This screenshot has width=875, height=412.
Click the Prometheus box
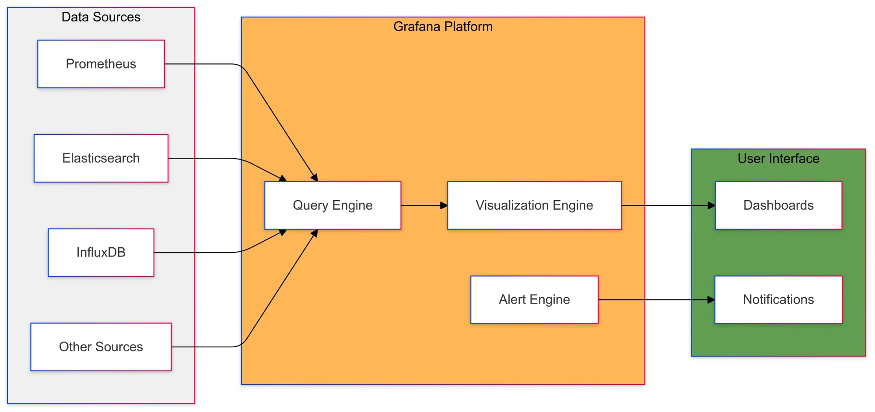point(101,64)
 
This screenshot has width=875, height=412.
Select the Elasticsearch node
point(101,158)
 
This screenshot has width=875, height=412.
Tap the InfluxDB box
point(101,253)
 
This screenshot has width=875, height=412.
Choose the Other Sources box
point(101,347)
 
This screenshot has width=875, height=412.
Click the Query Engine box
point(332,205)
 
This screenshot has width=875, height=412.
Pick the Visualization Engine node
point(534,205)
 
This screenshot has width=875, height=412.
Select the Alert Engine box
point(534,300)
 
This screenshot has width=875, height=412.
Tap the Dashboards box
point(778,205)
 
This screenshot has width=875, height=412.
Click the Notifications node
point(778,300)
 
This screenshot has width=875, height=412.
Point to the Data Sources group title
point(101,17)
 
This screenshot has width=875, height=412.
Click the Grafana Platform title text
point(443,27)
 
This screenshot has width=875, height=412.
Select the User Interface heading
point(778,159)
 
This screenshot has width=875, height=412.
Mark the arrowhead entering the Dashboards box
point(711,205)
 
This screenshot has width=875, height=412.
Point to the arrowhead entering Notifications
point(711,300)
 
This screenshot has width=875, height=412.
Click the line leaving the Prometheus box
point(201,64)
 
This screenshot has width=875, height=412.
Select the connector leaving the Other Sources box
point(206,347)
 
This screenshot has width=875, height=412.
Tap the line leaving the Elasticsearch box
point(201,158)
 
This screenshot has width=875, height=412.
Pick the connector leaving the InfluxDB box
point(197,253)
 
